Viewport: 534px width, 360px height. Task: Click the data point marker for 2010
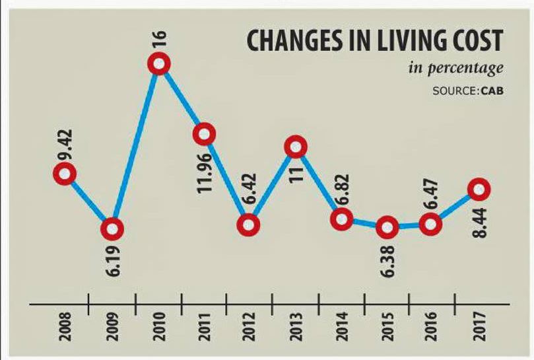159,64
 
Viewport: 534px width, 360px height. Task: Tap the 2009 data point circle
112,229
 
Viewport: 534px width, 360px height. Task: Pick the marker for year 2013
296,147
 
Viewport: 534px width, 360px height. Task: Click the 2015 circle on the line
387,228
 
